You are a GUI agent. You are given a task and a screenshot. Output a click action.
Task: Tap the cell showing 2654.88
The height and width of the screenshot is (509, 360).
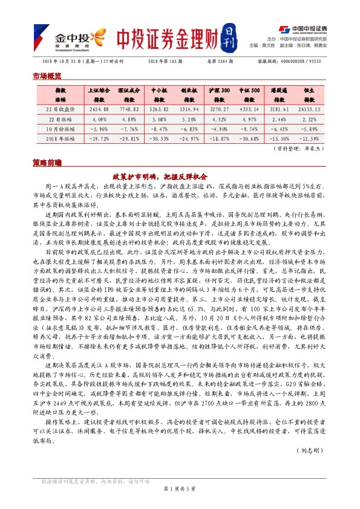coord(97,109)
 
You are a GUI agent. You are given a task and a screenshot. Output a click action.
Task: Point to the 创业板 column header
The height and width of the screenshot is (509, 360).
coord(189,94)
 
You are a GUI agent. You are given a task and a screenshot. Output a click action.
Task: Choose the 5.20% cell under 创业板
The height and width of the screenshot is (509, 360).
coord(189,118)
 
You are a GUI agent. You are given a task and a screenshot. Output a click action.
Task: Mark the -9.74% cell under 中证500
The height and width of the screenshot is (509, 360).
coord(249,128)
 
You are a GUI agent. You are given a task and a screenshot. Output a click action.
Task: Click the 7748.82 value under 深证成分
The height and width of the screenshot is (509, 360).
coord(128,109)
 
